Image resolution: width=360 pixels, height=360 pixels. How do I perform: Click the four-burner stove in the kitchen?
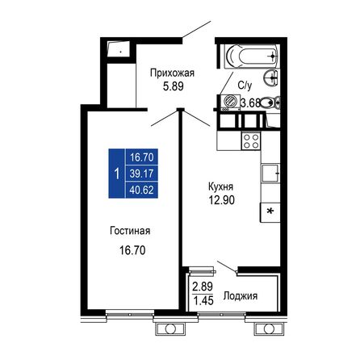(x=250, y=142)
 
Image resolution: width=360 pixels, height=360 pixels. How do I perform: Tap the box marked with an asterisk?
(x=270, y=211)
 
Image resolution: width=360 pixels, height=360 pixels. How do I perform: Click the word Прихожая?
(x=172, y=72)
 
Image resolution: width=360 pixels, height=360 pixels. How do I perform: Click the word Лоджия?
(x=240, y=296)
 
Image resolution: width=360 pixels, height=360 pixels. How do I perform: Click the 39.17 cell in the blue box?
(x=142, y=172)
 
